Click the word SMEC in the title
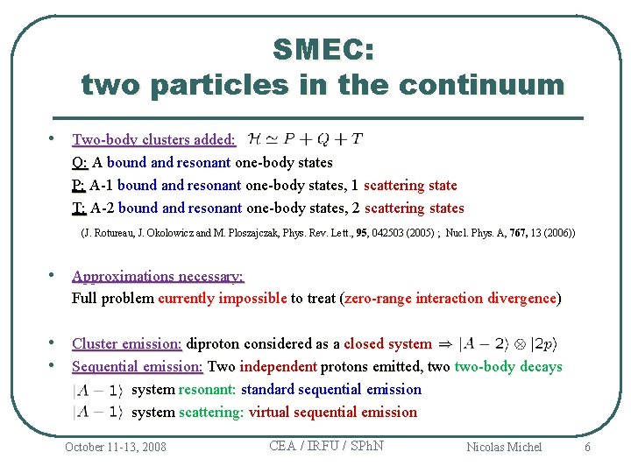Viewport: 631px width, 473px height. [323, 49]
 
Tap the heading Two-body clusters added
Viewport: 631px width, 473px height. [153, 139]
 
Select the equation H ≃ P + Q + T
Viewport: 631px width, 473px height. [306, 138]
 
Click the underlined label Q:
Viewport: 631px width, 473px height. [80, 162]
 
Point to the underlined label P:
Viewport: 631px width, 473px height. [79, 185]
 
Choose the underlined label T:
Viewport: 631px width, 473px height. [79, 208]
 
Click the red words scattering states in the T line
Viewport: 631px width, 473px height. [414, 208]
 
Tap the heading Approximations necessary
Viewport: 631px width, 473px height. [158, 276]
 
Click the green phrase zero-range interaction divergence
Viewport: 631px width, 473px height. [451, 298]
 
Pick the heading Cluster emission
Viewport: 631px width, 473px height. [126, 343]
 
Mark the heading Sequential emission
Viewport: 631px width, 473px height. [137, 366]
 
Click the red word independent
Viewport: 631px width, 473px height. [278, 366]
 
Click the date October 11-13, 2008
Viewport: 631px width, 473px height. [115, 447]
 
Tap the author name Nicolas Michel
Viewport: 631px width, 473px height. [504, 447]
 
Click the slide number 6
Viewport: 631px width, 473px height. [587, 447]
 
